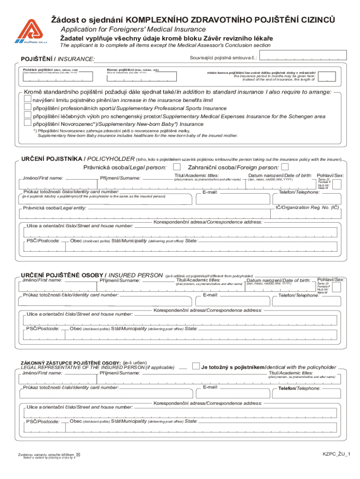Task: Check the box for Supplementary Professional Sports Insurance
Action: (x=28, y=108)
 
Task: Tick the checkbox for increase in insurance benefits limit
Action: (x=28, y=100)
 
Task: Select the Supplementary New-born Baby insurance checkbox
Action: (x=28, y=123)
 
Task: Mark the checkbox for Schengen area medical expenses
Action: (x=28, y=116)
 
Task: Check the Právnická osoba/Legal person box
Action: (x=177, y=167)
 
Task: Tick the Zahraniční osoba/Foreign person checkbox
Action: (x=285, y=167)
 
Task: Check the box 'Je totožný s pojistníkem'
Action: (x=196, y=366)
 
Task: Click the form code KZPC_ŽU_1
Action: (x=336, y=454)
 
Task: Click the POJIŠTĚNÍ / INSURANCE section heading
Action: (x=58, y=59)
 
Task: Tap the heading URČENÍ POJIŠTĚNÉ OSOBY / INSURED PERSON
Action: (x=91, y=275)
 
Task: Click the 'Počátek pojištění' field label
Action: (x=50, y=70)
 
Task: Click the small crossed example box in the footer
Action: (x=78, y=455)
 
